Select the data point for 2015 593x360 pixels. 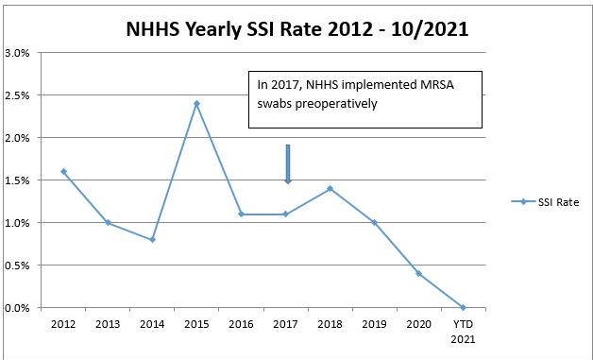click(x=196, y=103)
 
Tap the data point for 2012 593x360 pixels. click(x=63, y=171)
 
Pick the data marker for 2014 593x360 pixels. click(x=152, y=239)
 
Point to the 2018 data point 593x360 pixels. click(x=330, y=188)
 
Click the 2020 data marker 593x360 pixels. click(x=418, y=273)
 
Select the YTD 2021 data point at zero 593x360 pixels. click(x=463, y=307)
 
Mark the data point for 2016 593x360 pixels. click(x=241, y=214)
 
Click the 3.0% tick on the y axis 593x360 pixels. click(x=21, y=53)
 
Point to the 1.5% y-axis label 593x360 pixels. click(x=21, y=180)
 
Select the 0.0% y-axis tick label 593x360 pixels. click(x=21, y=308)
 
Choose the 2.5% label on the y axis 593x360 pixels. click(x=21, y=95)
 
